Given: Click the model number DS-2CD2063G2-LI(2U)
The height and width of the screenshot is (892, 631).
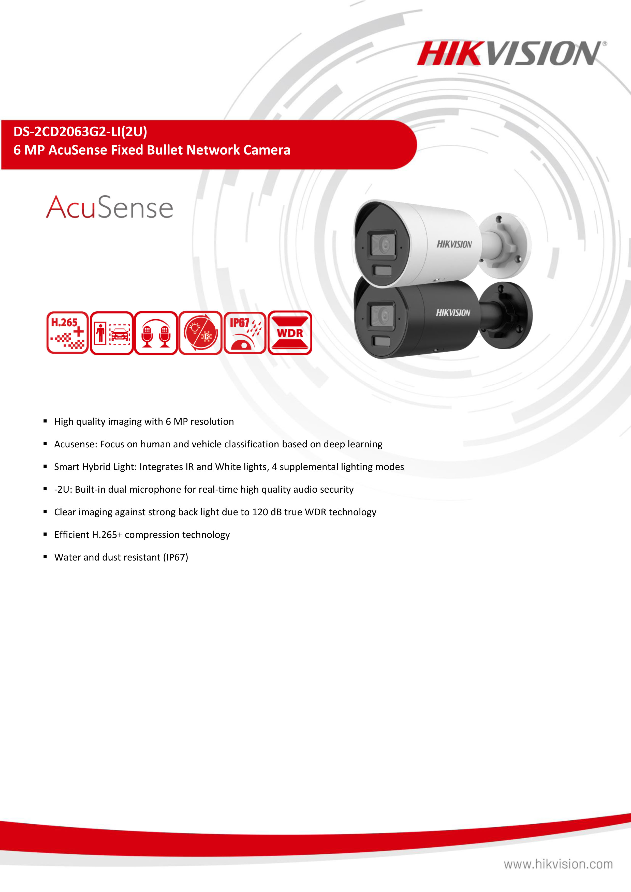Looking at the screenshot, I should pos(80,132).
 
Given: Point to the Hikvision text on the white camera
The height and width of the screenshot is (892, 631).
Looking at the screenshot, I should pos(454,244).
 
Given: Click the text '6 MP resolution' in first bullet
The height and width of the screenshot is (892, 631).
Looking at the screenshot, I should pos(200,421).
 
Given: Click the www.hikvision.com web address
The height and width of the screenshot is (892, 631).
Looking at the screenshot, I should pos(558,864).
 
